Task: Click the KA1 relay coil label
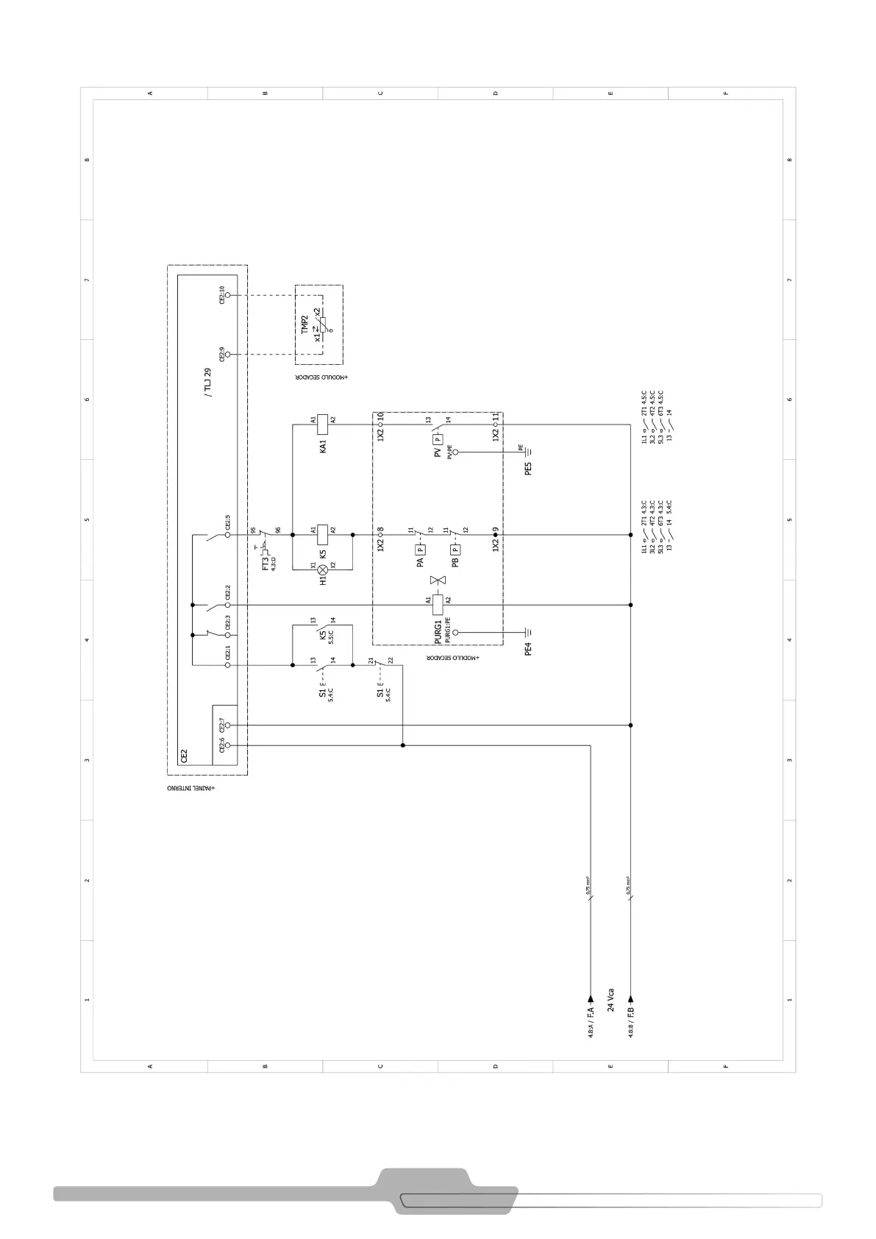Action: pyautogui.click(x=322, y=445)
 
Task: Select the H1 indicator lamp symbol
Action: pyautogui.click(x=322, y=569)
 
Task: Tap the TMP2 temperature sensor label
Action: pyautogui.click(x=305, y=324)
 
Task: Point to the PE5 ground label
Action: pyautogui.click(x=528, y=468)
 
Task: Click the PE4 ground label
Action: pyautogui.click(x=528, y=648)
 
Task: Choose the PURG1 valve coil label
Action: pyautogui.click(x=438, y=631)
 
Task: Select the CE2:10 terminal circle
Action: pyautogui.click(x=227, y=294)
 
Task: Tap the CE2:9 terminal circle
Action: pyautogui.click(x=227, y=354)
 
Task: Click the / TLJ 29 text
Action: pyautogui.click(x=207, y=383)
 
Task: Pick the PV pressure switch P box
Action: pyautogui.click(x=438, y=439)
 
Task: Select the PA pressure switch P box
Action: pyautogui.click(x=420, y=549)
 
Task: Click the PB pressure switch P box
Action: pyautogui.click(x=455, y=549)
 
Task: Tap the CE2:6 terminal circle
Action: pyautogui.click(x=227, y=745)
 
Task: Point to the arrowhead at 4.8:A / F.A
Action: pyautogui.click(x=590, y=1000)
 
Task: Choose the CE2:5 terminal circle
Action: pyautogui.click(x=227, y=535)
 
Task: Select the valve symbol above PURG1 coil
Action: pyautogui.click(x=438, y=581)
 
